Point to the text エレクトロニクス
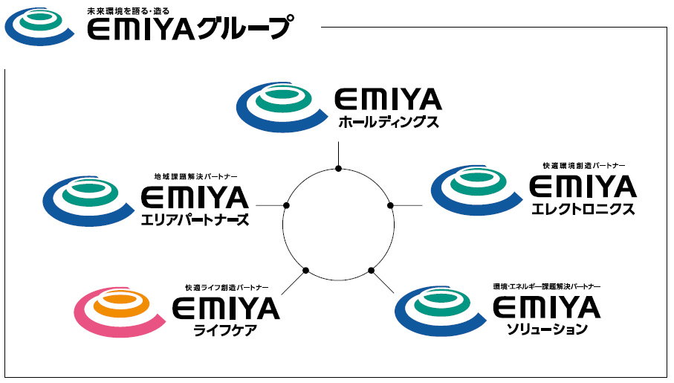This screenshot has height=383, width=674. [x=584, y=210]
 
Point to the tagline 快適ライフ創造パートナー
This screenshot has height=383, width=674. [x=227, y=287]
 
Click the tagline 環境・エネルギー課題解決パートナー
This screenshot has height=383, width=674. [x=546, y=286]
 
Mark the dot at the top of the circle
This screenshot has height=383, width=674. [x=338, y=170]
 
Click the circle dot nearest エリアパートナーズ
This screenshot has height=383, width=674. [x=286, y=205]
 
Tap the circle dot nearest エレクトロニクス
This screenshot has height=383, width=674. [x=389, y=205]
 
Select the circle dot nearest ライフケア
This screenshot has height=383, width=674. [x=306, y=268]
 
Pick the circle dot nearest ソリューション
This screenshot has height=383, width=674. [x=370, y=268]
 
